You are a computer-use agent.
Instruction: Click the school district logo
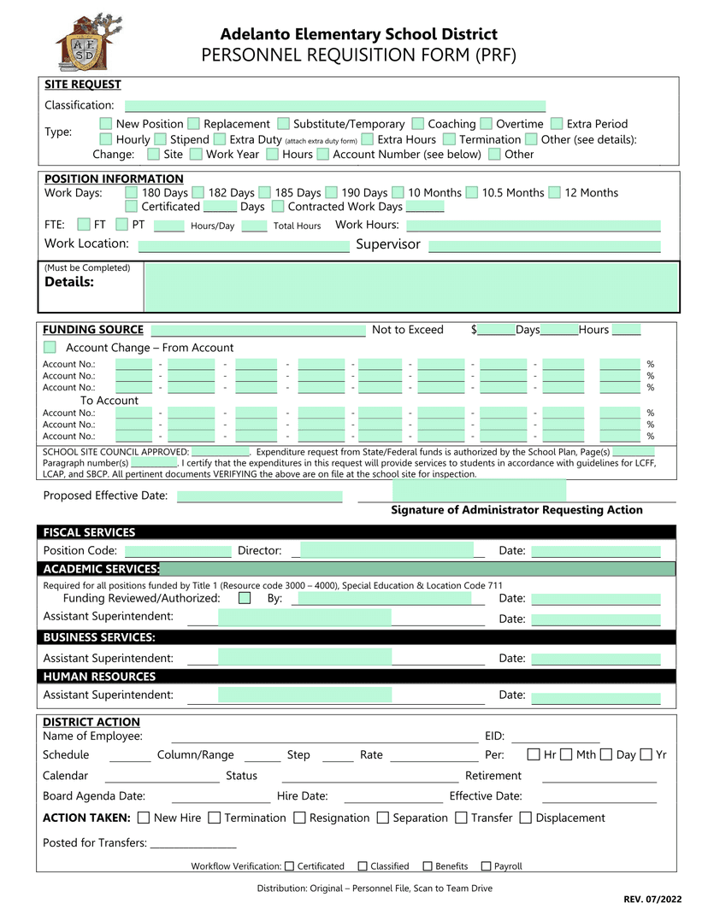82,43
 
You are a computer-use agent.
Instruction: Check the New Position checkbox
106,124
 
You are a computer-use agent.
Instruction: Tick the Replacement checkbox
194,124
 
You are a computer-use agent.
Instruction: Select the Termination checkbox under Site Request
449,139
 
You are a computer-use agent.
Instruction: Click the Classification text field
334,106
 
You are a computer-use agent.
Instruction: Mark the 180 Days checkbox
132,193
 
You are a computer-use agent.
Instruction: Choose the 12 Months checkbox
555,193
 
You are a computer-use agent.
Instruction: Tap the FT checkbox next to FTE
83,225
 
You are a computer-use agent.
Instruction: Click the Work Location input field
244,246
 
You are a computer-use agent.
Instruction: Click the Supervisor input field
544,246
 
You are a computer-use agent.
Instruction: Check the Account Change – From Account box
50,348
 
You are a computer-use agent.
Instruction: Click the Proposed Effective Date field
259,496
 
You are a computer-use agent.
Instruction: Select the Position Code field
178,551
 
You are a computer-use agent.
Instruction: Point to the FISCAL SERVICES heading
89,532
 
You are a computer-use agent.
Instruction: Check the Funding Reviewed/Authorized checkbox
245,598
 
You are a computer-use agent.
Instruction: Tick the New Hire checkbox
144,818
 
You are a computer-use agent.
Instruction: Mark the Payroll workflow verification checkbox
487,866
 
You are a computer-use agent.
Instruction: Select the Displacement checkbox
526,818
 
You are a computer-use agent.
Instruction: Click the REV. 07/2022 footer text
652,900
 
